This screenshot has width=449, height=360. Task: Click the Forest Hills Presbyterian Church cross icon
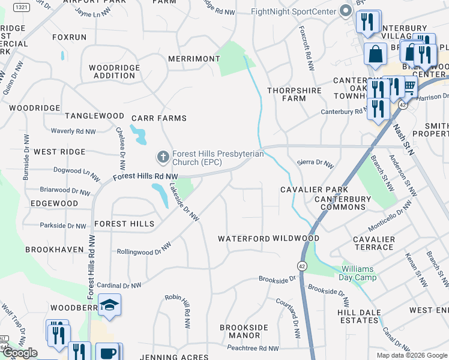162,158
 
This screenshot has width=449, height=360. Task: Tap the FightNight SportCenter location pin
345,11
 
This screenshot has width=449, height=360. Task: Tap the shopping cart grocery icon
409,88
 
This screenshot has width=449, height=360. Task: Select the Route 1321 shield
21,7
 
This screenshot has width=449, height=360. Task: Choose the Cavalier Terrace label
374,243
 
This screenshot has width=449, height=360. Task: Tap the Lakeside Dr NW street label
184,203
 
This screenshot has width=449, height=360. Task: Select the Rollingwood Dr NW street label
144,249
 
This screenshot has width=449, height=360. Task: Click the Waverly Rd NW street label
73,131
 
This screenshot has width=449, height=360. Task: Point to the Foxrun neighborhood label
70,37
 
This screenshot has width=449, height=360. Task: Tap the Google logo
19,353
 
